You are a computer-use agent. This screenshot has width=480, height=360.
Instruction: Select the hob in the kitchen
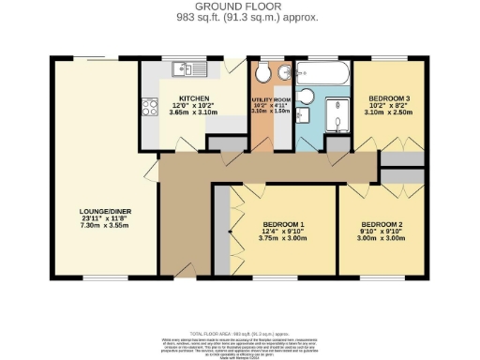tap(149, 108)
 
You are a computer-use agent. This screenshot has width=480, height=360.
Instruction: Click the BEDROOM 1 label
tap(282, 224)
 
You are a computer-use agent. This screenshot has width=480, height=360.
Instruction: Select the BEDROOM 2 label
tap(382, 224)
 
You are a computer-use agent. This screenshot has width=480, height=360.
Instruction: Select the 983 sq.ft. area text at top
tap(240, 18)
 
